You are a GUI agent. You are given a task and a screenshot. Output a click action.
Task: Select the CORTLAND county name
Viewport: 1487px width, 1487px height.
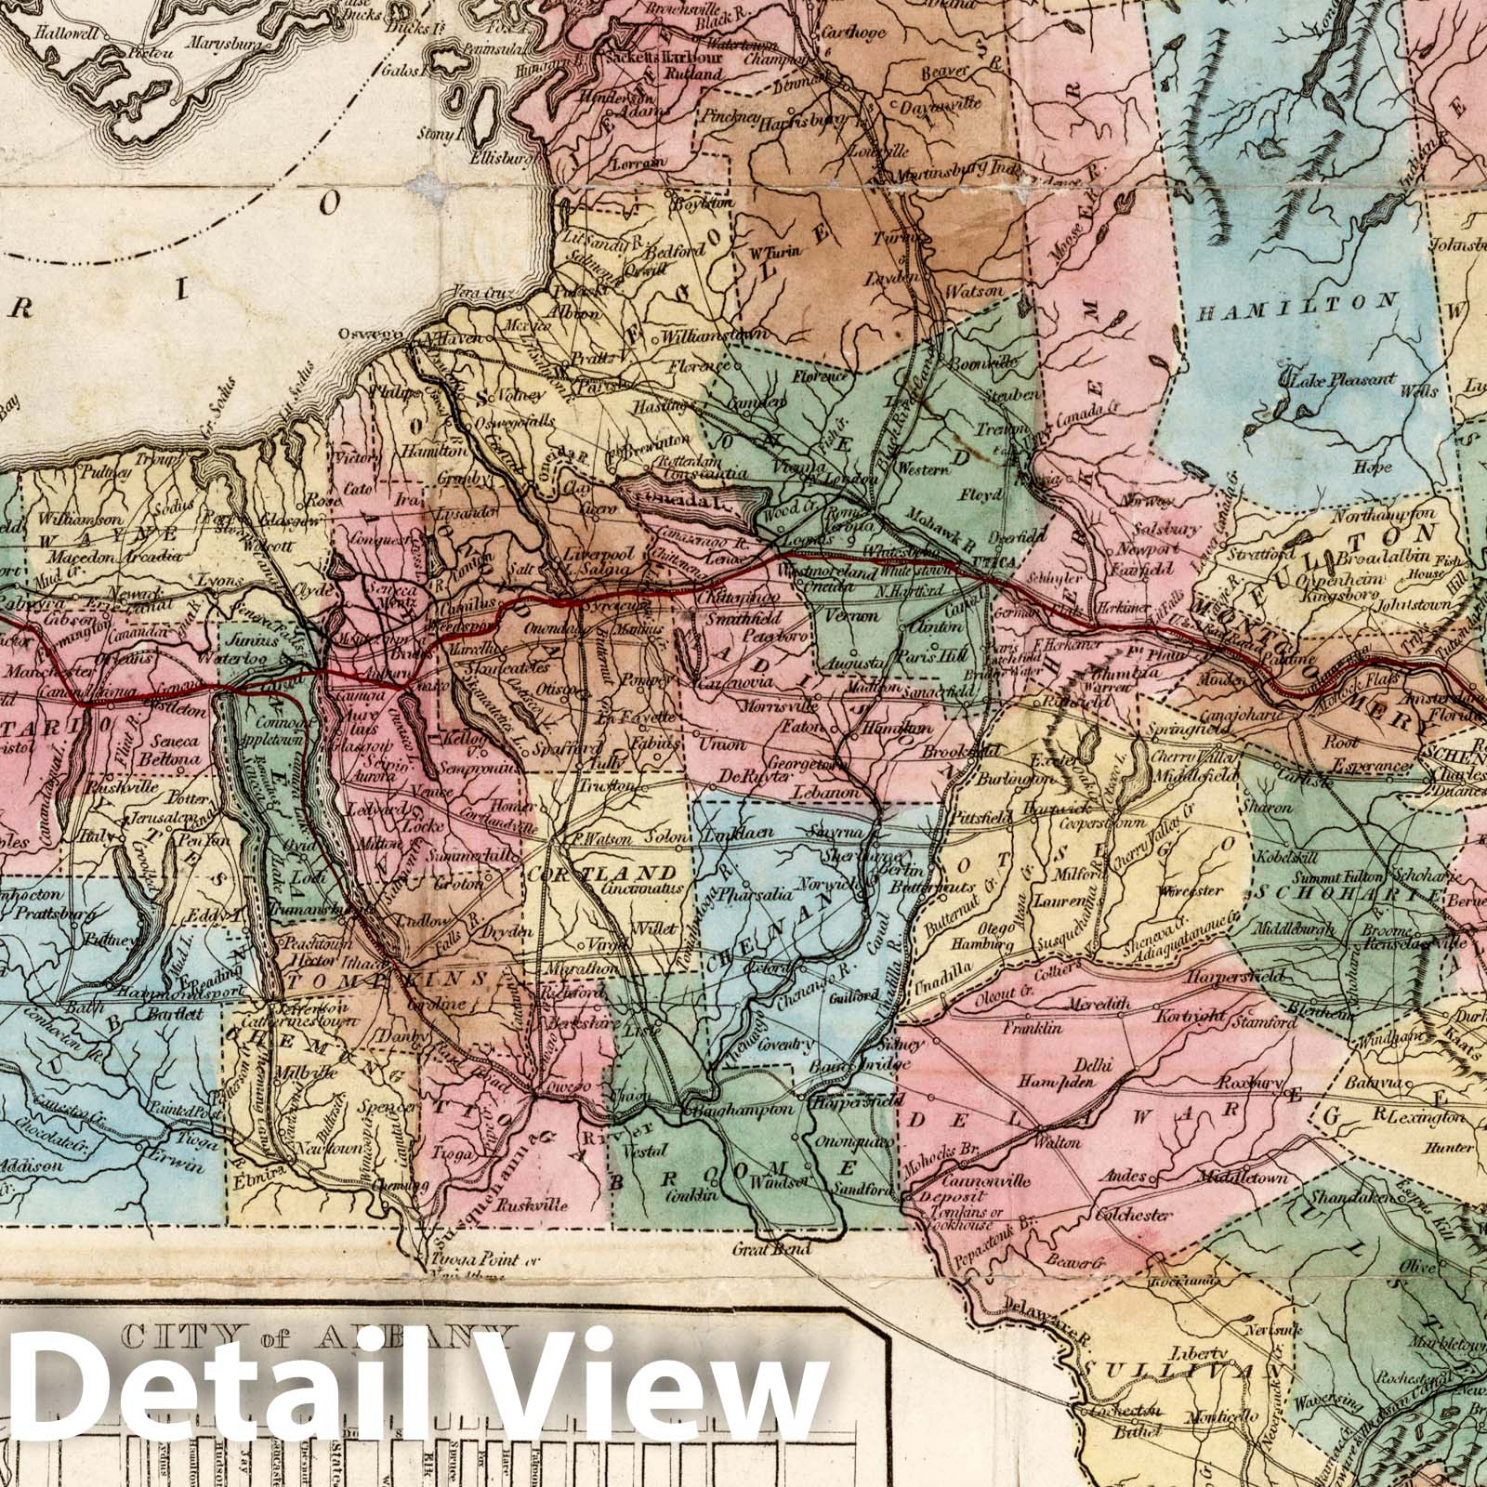[601, 874]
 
